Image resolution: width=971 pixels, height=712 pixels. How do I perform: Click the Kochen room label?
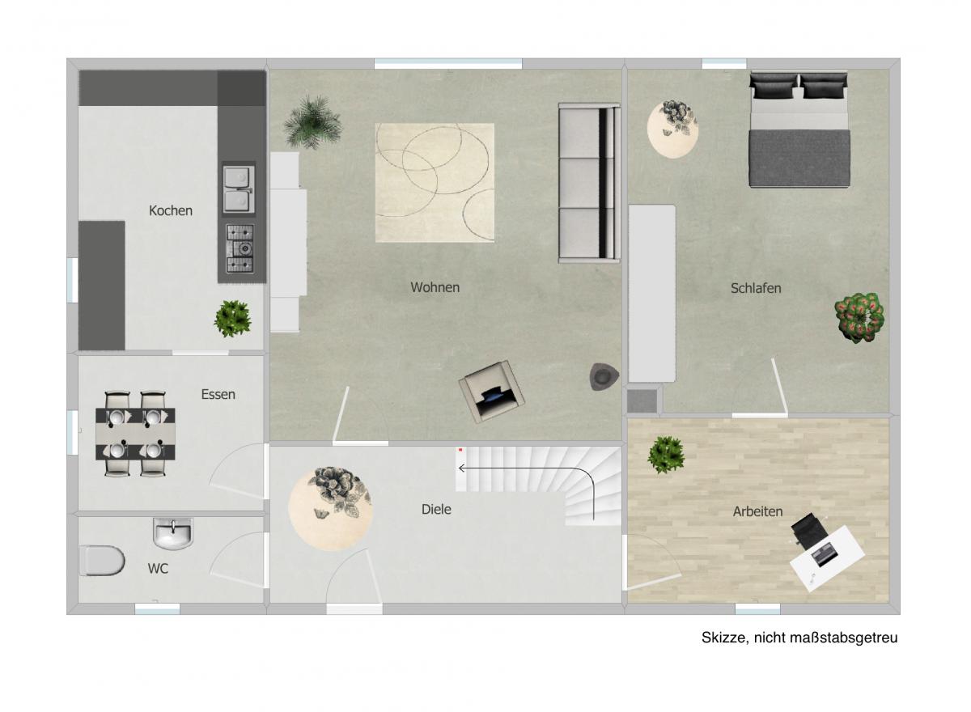pos(171,210)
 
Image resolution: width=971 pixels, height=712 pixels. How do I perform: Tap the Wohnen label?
pos(435,287)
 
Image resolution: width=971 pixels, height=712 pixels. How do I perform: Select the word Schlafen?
pos(756,288)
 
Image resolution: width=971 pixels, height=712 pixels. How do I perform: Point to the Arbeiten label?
pos(757,511)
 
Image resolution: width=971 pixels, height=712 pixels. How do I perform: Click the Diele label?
pos(436,509)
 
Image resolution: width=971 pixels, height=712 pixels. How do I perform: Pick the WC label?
pos(158,569)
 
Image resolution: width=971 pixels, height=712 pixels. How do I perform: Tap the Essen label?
pos(218,394)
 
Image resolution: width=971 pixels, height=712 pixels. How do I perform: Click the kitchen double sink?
pos(239,190)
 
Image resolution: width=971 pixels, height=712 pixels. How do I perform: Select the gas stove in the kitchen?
pos(240,248)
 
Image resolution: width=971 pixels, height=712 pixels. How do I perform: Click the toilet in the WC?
pos(102,561)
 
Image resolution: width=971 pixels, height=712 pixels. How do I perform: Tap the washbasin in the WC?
pos(173,533)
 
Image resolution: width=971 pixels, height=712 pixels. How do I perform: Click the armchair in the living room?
pos(492,392)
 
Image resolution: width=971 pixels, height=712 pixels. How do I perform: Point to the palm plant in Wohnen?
pos(312,122)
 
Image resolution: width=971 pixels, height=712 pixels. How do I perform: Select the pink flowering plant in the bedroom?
pos(859,318)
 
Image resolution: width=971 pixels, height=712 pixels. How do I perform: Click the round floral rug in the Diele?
pos(330,508)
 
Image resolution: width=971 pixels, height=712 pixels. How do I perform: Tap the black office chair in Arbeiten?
pos(809,532)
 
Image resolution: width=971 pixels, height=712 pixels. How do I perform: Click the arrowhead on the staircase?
pos(462,468)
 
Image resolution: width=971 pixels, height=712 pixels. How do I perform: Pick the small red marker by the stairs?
pos(460,450)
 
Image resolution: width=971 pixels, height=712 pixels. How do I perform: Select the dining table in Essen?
pos(135,434)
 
